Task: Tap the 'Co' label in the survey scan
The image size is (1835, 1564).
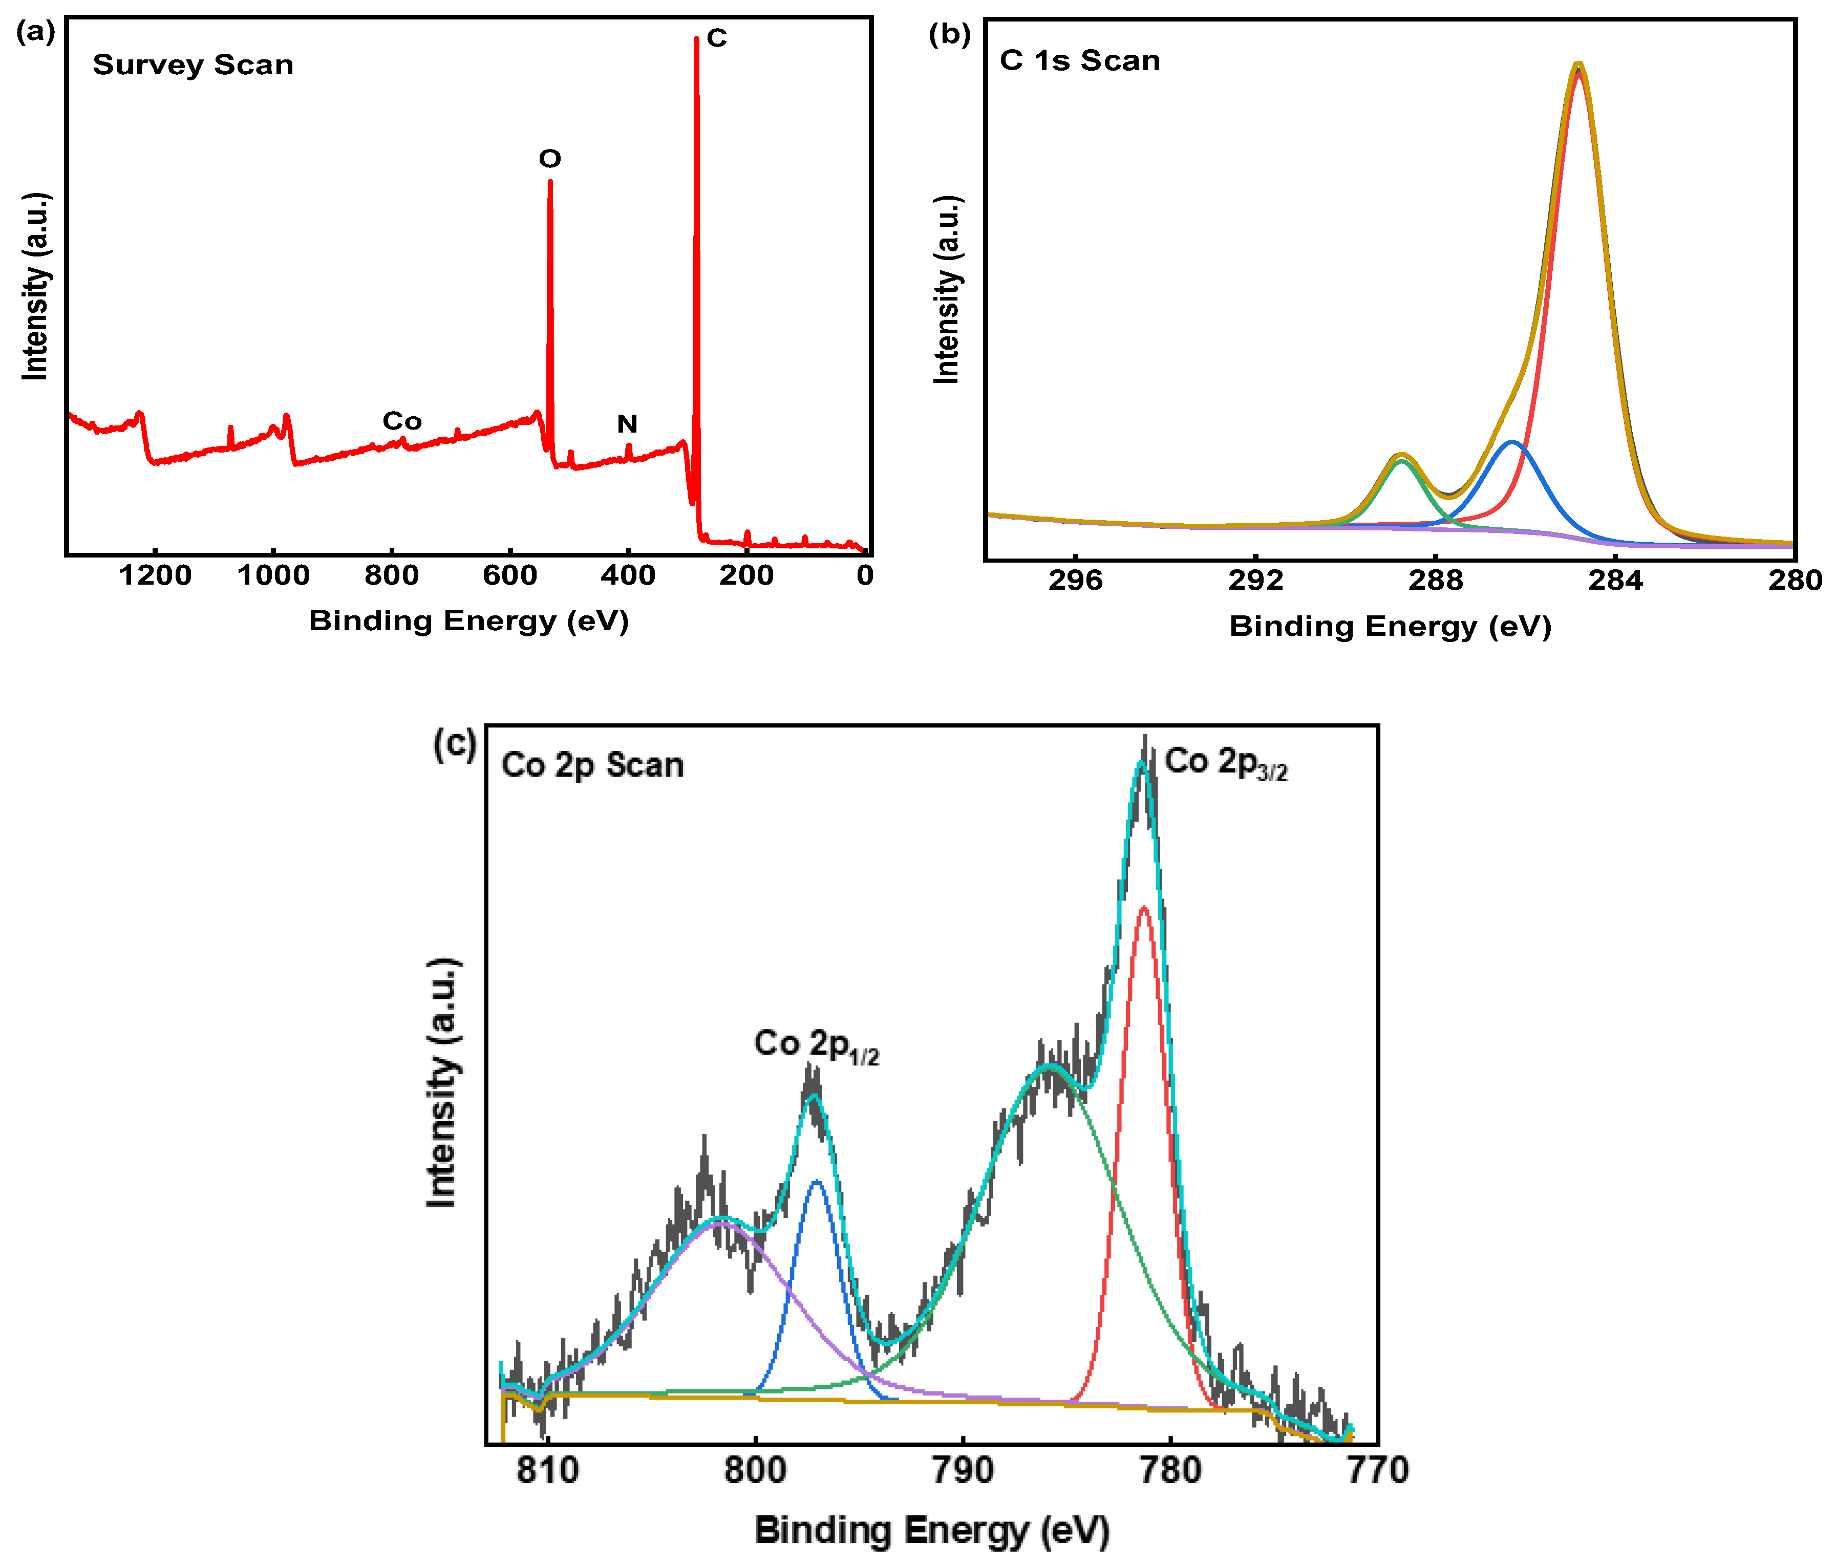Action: coord(401,421)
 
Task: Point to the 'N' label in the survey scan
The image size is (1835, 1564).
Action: coord(627,424)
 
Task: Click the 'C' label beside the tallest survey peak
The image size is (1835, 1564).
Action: coord(716,38)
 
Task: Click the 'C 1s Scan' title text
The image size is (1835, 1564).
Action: coord(1080,60)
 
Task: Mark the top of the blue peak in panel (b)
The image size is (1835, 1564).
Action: coord(1512,442)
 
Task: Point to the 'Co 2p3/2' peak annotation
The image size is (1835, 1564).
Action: coord(1226,762)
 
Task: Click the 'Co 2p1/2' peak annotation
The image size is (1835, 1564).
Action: coord(816,1045)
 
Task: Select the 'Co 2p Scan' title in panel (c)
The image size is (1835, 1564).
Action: coord(592,765)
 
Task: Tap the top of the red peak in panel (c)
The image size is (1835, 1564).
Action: coord(1143,908)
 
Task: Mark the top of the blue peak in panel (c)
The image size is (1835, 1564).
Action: coord(816,1182)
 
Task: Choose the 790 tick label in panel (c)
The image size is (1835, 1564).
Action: coord(963,1471)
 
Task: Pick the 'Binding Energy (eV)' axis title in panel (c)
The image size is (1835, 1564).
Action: coord(932,1530)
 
